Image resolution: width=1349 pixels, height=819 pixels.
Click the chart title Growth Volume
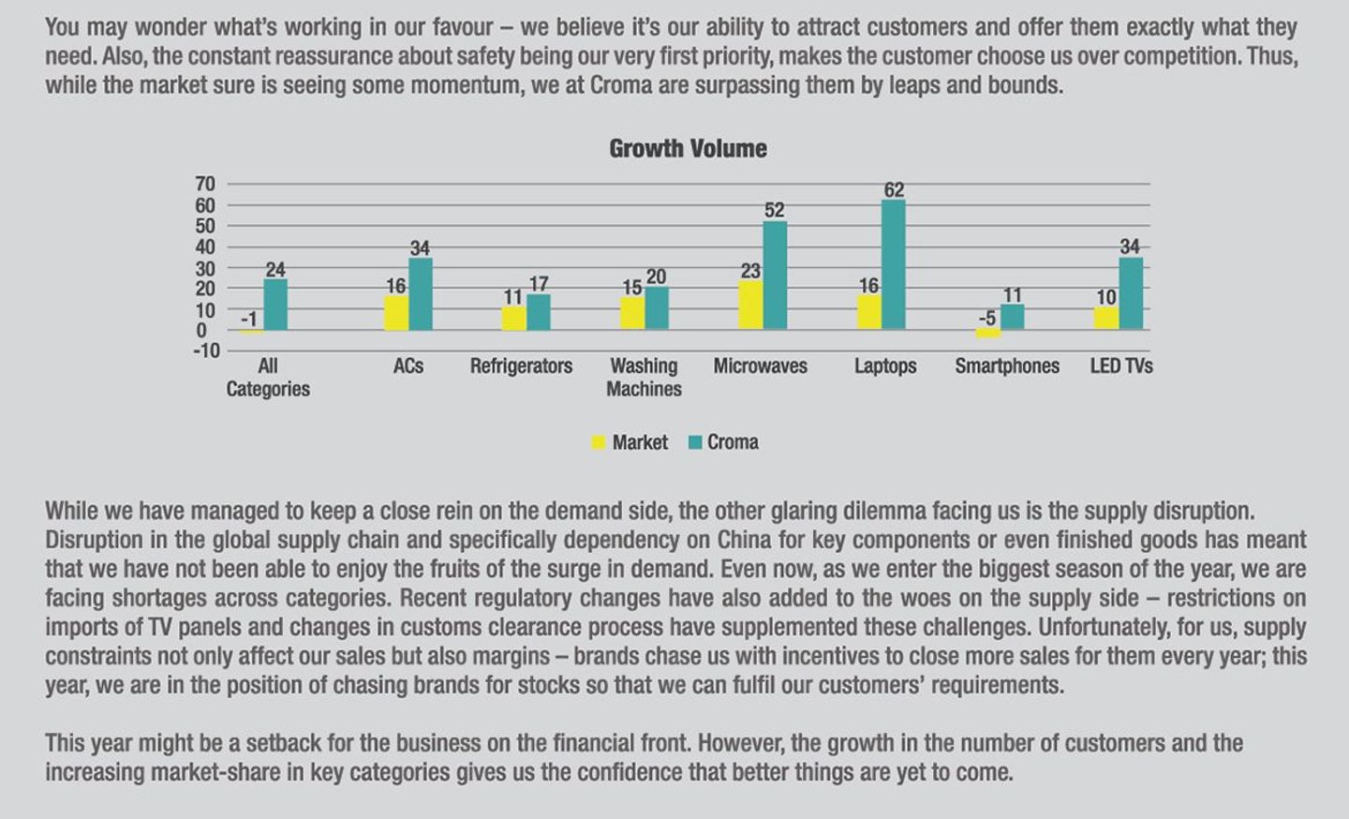pyautogui.click(x=688, y=149)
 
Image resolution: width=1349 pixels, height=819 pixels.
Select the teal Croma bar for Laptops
pyautogui.click(x=894, y=264)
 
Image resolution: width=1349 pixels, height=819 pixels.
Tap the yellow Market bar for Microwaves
pyautogui.click(x=750, y=305)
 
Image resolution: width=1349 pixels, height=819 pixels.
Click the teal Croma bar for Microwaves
pyautogui.click(x=775, y=275)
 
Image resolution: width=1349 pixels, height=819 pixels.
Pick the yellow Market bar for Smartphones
pyautogui.click(x=987, y=334)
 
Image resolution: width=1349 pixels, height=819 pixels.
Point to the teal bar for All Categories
pyautogui.click(x=275, y=305)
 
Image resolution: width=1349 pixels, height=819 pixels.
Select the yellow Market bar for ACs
pyautogui.click(x=395, y=313)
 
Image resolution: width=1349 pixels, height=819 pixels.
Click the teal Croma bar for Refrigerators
pyautogui.click(x=539, y=312)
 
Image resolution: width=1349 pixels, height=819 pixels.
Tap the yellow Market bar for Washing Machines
pyautogui.click(x=632, y=314)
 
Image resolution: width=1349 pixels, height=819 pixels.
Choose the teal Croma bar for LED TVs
pyautogui.click(x=1131, y=293)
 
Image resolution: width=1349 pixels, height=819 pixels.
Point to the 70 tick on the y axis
pyautogui.click(x=205, y=184)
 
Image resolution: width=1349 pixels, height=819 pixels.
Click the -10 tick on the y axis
pyautogui.click(x=205, y=351)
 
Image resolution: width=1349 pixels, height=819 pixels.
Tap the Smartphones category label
pyautogui.click(x=1007, y=366)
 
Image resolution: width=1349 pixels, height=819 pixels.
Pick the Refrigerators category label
pyautogui.click(x=521, y=366)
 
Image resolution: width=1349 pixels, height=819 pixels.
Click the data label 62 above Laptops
pyautogui.click(x=894, y=189)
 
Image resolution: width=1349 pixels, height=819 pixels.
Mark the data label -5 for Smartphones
pyautogui.click(x=987, y=318)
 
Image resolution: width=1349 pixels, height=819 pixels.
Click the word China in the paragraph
pyautogui.click(x=745, y=541)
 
